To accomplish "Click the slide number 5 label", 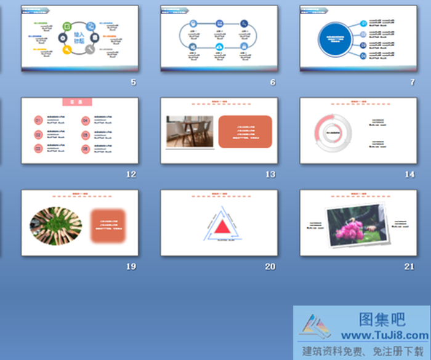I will tap(133, 82).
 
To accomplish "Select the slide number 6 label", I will tap(272, 82).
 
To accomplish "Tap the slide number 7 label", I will tap(412, 82).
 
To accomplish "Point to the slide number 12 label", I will tap(131, 174).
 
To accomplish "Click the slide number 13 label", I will tap(270, 174).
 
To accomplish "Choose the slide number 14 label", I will tap(409, 174).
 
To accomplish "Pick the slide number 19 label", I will tap(131, 266).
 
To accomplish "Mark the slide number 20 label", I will tap(270, 266).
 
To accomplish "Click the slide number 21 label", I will tap(409, 266).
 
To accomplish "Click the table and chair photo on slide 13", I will tap(190, 131).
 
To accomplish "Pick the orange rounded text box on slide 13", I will tap(245, 131).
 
